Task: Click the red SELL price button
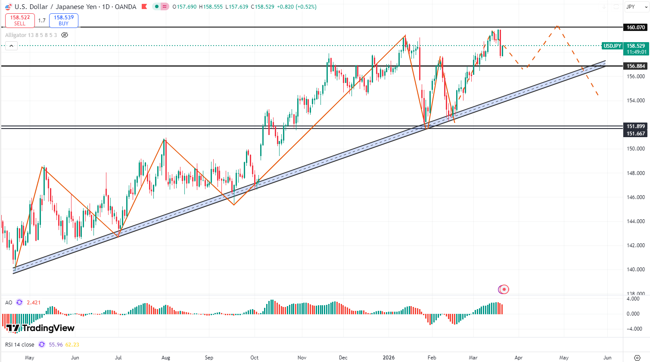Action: coord(20,20)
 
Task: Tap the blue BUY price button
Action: coord(63,20)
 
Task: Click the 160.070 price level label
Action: coord(635,28)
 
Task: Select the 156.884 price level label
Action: coord(635,66)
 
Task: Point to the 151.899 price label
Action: coord(635,126)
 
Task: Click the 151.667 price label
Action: coord(635,134)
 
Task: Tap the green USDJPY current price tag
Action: coord(612,46)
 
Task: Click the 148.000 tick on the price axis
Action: coord(635,173)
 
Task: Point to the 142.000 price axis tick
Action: coord(635,245)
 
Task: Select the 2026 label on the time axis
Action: coord(389,358)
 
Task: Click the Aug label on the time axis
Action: coord(165,358)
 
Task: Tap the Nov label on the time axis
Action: coord(302,358)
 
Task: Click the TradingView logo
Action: coord(40,328)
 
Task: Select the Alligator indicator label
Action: coord(31,35)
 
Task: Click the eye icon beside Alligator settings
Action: coord(65,35)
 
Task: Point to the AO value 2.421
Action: coord(34,303)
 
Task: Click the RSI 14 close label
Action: coord(19,345)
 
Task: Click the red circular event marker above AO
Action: coord(504,289)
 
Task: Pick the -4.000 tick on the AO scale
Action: coord(633,329)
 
